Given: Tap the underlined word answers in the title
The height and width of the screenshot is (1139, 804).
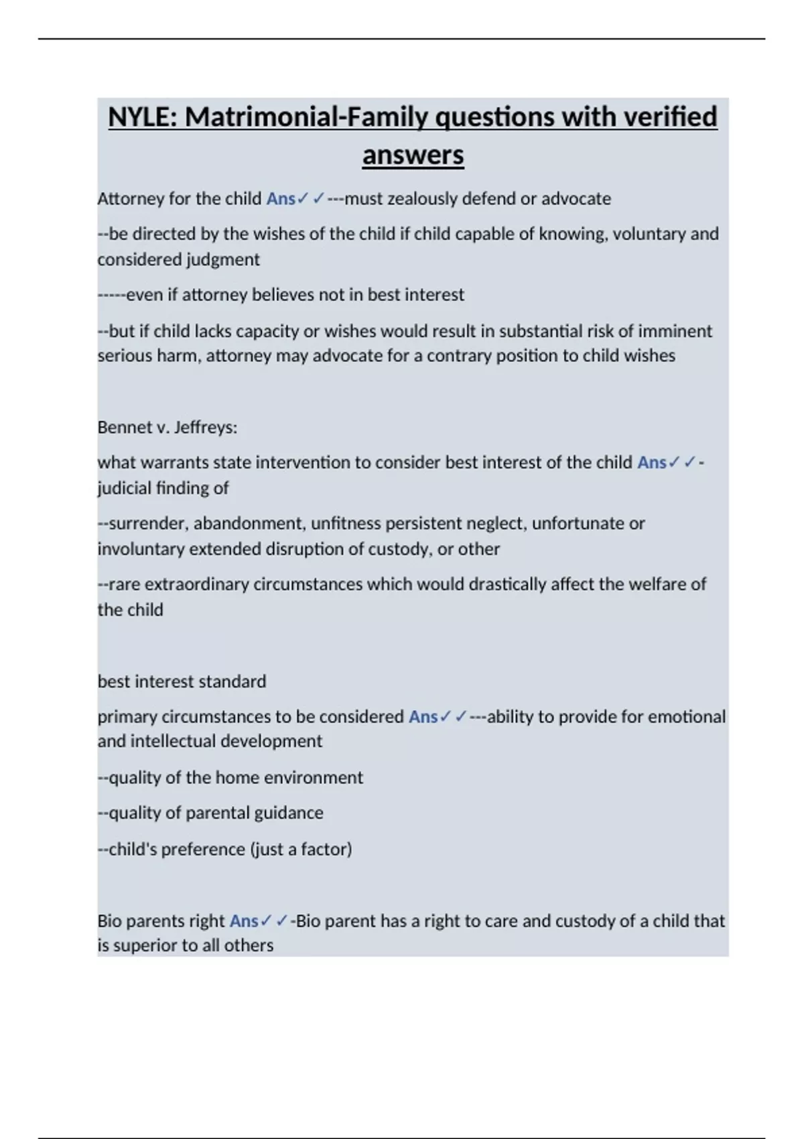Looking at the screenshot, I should pyautogui.click(x=413, y=155).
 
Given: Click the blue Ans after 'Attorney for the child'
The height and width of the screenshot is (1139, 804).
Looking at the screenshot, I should pyautogui.click(x=281, y=199).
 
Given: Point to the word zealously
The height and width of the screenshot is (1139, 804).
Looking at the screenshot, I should pyautogui.click(x=421, y=199).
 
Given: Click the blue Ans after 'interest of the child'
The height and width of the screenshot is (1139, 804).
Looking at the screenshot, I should pyautogui.click(x=652, y=462).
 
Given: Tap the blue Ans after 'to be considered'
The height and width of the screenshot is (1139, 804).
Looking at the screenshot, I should pyautogui.click(x=423, y=717).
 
